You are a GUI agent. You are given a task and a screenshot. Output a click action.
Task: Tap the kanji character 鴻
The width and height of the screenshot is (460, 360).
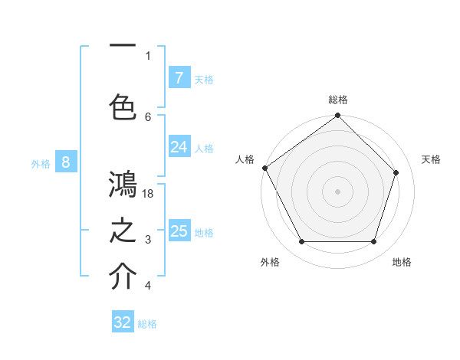click(x=123, y=185)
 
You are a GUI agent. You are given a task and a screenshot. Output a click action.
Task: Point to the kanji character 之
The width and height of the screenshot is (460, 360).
click(x=123, y=231)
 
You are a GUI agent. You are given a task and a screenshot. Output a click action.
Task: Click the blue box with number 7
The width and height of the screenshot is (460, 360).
click(x=179, y=77)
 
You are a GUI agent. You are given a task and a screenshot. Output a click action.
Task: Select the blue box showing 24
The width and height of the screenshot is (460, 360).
click(x=179, y=146)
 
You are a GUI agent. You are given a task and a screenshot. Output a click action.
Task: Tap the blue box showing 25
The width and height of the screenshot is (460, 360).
click(x=179, y=231)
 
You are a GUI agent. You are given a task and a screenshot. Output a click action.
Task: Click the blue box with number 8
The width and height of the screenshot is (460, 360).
click(x=66, y=162)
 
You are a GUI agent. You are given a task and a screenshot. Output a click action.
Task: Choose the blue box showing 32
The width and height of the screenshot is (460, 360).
click(x=123, y=322)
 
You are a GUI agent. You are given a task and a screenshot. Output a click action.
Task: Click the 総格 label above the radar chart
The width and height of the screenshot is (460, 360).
click(x=338, y=100)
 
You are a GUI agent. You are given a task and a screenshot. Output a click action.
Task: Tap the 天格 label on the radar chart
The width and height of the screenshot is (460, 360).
click(x=431, y=159)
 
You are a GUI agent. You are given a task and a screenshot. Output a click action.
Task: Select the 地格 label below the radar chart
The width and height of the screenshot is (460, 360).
click(x=402, y=263)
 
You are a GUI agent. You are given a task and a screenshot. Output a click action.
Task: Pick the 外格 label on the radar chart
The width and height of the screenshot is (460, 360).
click(x=270, y=263)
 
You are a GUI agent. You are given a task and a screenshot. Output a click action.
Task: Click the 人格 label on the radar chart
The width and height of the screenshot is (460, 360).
click(x=245, y=159)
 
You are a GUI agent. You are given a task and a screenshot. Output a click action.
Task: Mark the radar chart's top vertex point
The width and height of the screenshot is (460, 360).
click(x=337, y=116)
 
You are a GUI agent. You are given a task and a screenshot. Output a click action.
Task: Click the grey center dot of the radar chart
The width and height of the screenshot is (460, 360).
click(x=337, y=191)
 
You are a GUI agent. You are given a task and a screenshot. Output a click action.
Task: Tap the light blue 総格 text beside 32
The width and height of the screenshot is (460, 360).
click(x=147, y=324)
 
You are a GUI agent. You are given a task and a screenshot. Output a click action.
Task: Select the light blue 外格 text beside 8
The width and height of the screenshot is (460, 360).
click(x=40, y=163)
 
